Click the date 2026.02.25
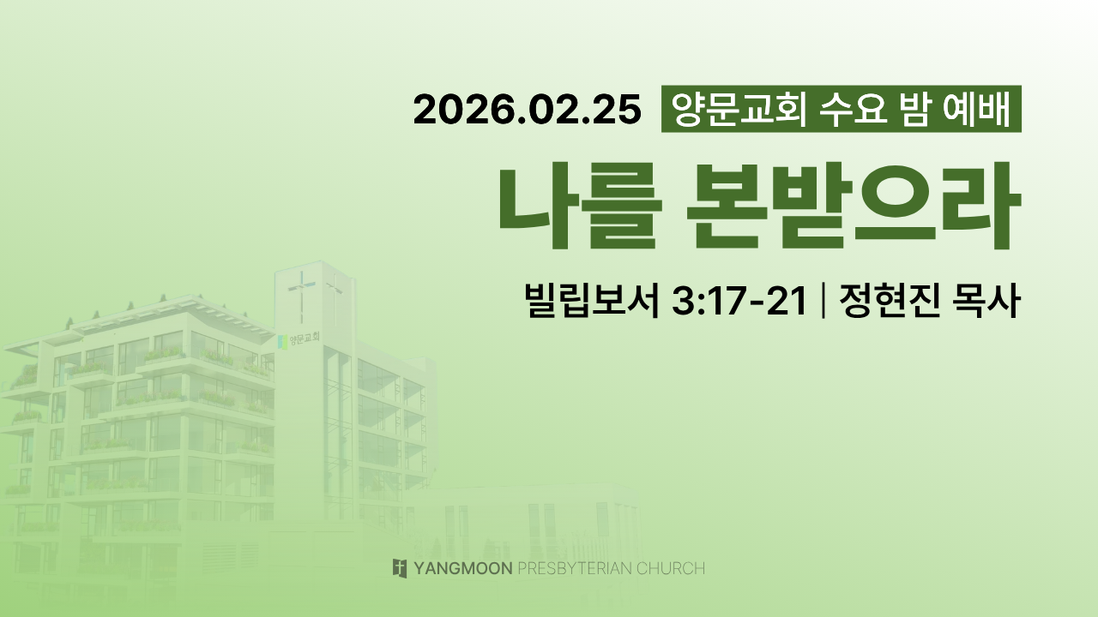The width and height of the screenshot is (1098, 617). (528, 110)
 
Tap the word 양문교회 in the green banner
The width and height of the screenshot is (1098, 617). (739, 109)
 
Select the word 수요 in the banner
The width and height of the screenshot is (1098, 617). (854, 109)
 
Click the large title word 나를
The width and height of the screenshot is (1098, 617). (581, 206)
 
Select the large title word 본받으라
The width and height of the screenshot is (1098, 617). (854, 206)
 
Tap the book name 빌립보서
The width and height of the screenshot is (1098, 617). (592, 300)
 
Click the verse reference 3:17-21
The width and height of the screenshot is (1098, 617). (739, 301)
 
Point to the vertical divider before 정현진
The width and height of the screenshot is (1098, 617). (823, 301)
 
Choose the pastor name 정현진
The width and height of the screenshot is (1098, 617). (890, 300)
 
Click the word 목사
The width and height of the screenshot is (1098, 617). (986, 300)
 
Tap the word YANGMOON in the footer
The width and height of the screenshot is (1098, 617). (463, 568)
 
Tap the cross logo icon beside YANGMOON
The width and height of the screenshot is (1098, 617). (400, 568)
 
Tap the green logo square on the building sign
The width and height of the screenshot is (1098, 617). (282, 342)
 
